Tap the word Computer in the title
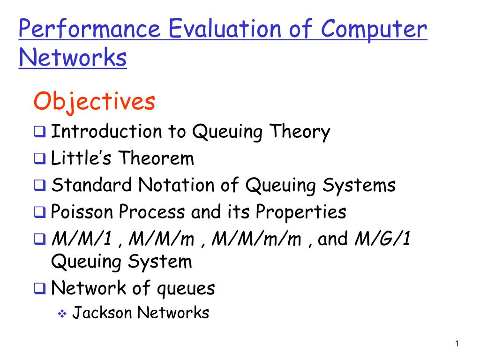click(x=375, y=30)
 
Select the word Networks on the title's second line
click(x=73, y=58)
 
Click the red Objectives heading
click(x=94, y=102)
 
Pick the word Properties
click(x=301, y=212)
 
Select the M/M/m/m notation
click(x=257, y=240)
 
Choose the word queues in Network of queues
click(x=186, y=288)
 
